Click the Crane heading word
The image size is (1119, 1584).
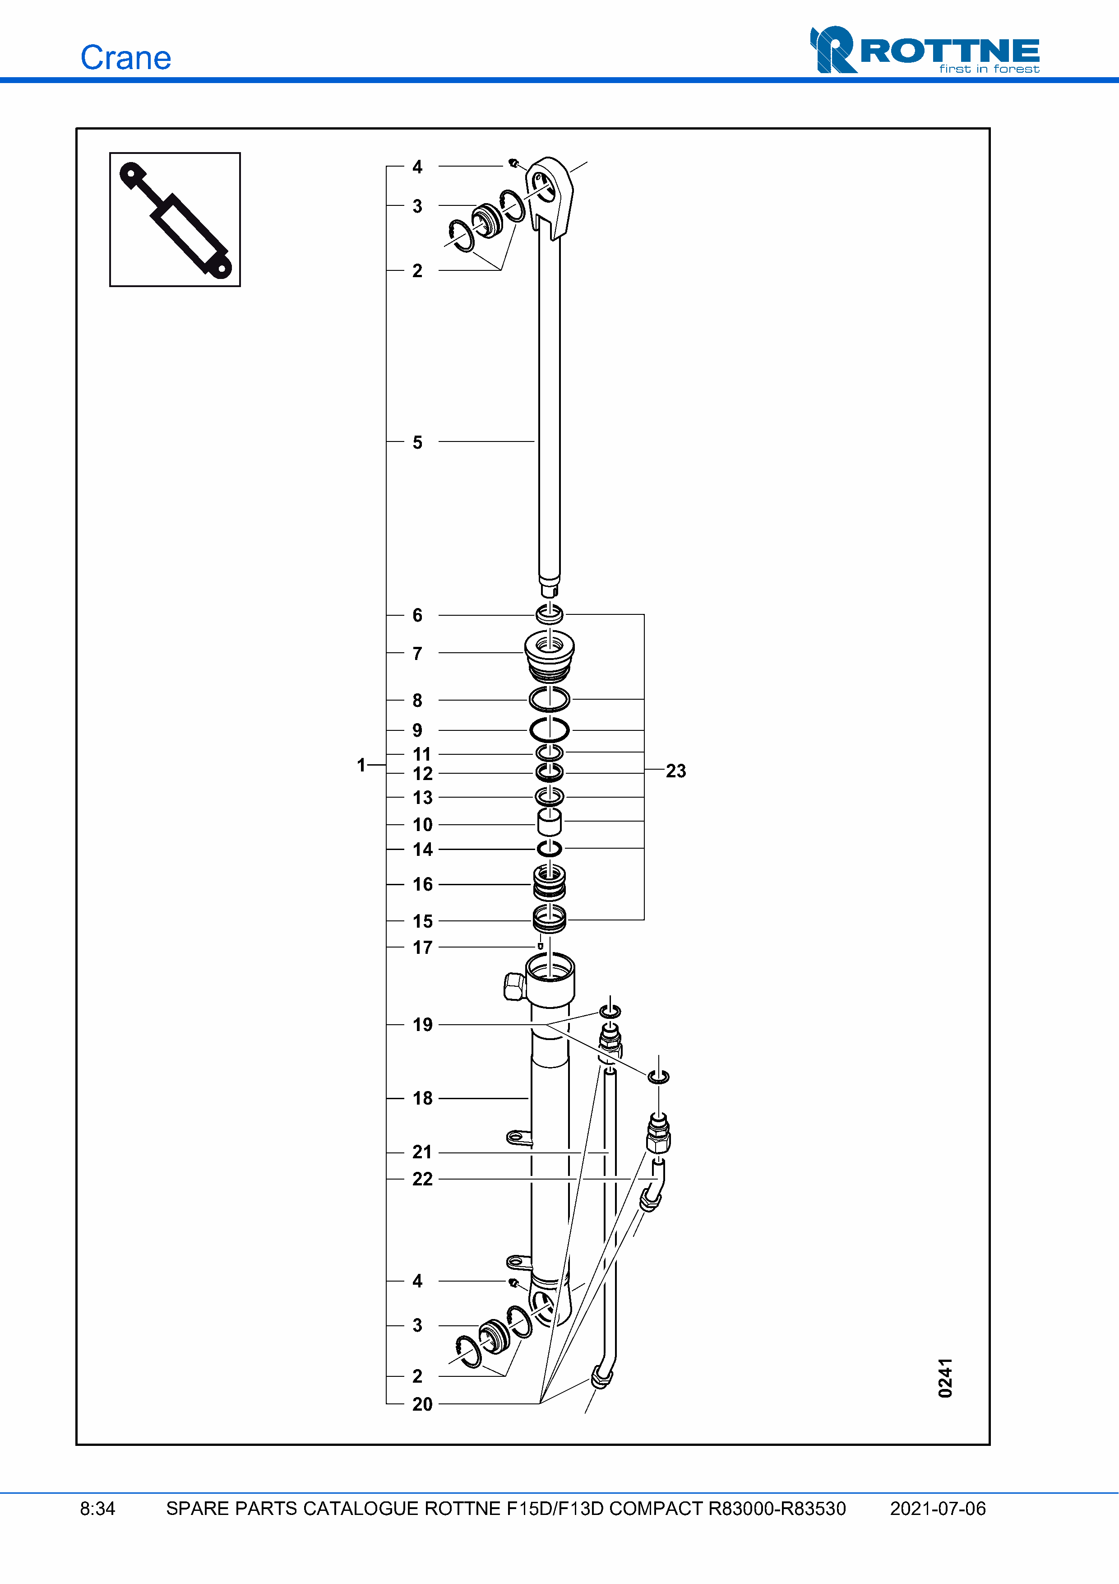[x=125, y=58]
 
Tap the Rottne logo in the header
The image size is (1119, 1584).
[x=924, y=50]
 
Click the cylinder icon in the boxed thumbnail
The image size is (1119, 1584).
[x=175, y=219]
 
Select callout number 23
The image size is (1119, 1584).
[x=675, y=771]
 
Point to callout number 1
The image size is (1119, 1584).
[x=361, y=765]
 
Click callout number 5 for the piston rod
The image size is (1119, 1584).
[x=417, y=442]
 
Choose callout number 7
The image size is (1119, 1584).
[x=417, y=653]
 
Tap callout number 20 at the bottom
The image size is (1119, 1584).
[x=422, y=1404]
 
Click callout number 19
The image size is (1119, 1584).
[x=422, y=1025]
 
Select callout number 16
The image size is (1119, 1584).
[x=422, y=884]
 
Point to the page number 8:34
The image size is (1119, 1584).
[x=97, y=1509]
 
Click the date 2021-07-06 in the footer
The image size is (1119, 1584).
[x=937, y=1509]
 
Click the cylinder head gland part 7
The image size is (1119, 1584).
[x=550, y=655]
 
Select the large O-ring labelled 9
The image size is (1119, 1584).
[x=550, y=729]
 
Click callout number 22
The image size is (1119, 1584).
[x=422, y=1179]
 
